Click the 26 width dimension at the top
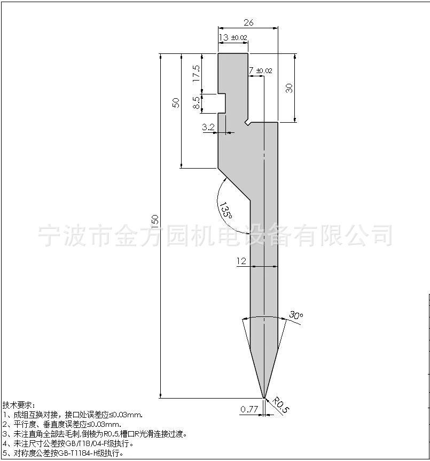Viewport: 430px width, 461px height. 248,22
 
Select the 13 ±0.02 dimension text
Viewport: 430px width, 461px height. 233,38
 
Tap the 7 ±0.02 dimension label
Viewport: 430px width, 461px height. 261,70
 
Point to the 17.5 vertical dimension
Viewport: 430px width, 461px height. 197,73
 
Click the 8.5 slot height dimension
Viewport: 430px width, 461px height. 197,103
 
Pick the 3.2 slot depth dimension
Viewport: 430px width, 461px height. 208,128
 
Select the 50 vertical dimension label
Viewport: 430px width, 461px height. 176,102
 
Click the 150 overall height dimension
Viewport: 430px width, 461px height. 155,220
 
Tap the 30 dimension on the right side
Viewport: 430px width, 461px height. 290,88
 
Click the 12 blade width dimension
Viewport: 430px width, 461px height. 241,261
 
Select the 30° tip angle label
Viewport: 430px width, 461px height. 296,315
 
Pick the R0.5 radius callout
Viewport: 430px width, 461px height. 281,405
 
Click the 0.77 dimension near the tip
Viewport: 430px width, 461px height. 249,409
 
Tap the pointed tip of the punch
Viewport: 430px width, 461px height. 264,398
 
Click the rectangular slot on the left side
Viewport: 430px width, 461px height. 222,103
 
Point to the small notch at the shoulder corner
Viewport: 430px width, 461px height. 247,122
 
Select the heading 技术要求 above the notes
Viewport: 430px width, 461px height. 19,405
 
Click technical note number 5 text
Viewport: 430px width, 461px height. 62,453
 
